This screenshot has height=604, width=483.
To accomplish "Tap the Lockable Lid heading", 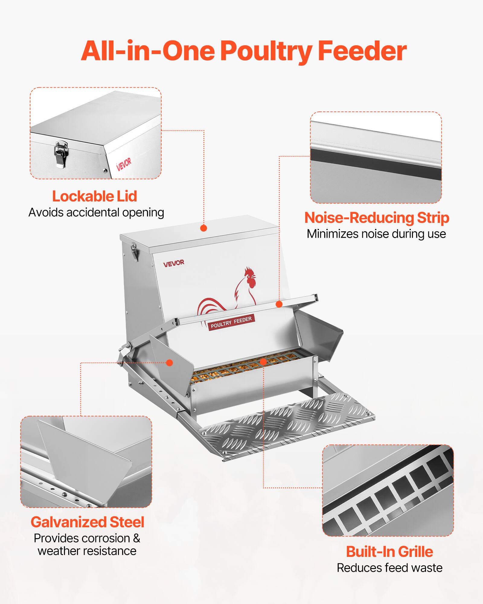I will pos(94,197).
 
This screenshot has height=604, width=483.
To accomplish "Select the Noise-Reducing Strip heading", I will pos(376,218).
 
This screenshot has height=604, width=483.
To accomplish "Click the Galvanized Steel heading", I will pos(88,522).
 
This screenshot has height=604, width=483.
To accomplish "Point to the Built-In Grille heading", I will pos(389,552).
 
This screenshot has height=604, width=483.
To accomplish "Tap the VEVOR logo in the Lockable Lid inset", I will pos(124,164).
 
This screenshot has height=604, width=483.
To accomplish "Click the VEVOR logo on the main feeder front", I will pos(174,263).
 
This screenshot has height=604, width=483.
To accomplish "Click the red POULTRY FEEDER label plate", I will pos(231,322).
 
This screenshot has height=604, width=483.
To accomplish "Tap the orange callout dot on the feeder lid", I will pos(204,228).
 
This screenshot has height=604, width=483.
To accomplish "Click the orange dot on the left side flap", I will pos(170,363).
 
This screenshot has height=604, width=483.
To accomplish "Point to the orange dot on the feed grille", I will pos(263,362).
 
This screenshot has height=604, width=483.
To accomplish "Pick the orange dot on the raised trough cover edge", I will pos(279,304).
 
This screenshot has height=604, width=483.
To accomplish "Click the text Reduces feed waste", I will pos(389,568).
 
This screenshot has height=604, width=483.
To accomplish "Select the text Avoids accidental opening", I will pos(96,213).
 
